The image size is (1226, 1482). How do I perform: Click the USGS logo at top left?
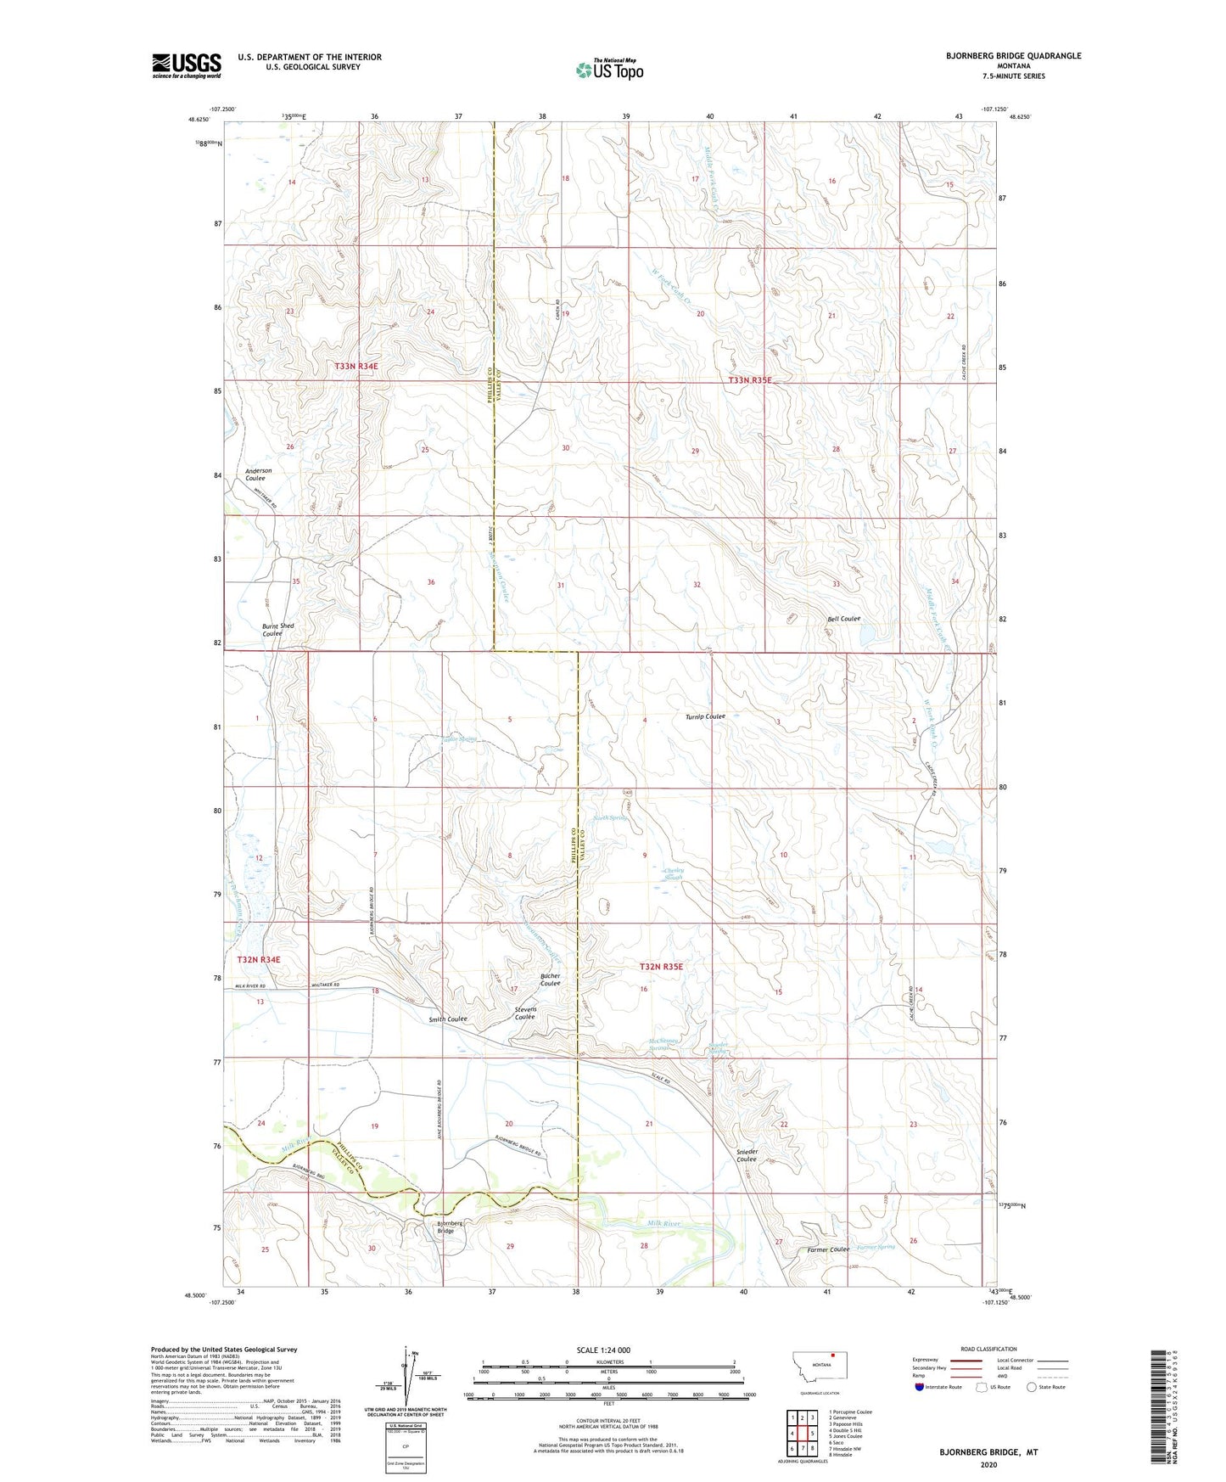click(x=186, y=65)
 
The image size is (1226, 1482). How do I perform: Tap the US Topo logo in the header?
click(x=609, y=70)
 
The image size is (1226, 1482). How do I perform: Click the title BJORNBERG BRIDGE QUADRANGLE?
click(x=1013, y=56)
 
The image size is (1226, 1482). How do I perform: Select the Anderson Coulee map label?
click(x=258, y=474)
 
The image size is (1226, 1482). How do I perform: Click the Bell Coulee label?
click(x=843, y=619)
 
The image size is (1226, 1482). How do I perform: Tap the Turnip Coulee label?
click(x=705, y=716)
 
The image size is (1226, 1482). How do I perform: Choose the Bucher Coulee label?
click(x=550, y=980)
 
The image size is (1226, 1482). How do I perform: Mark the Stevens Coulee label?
click(x=524, y=1013)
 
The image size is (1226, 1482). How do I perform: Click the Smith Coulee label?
click(x=447, y=1019)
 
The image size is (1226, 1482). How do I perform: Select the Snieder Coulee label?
click(x=746, y=1155)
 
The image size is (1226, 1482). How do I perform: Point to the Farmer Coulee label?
click(x=827, y=1249)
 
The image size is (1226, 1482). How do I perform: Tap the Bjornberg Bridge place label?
click(x=449, y=1227)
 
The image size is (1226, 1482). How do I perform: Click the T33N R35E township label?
click(x=749, y=380)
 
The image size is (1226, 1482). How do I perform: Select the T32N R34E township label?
click(x=258, y=959)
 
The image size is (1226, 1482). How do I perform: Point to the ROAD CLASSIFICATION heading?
click(x=988, y=1349)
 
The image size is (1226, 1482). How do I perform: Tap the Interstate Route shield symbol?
click(x=920, y=1387)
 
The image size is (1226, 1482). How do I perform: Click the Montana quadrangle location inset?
click(x=812, y=1366)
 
